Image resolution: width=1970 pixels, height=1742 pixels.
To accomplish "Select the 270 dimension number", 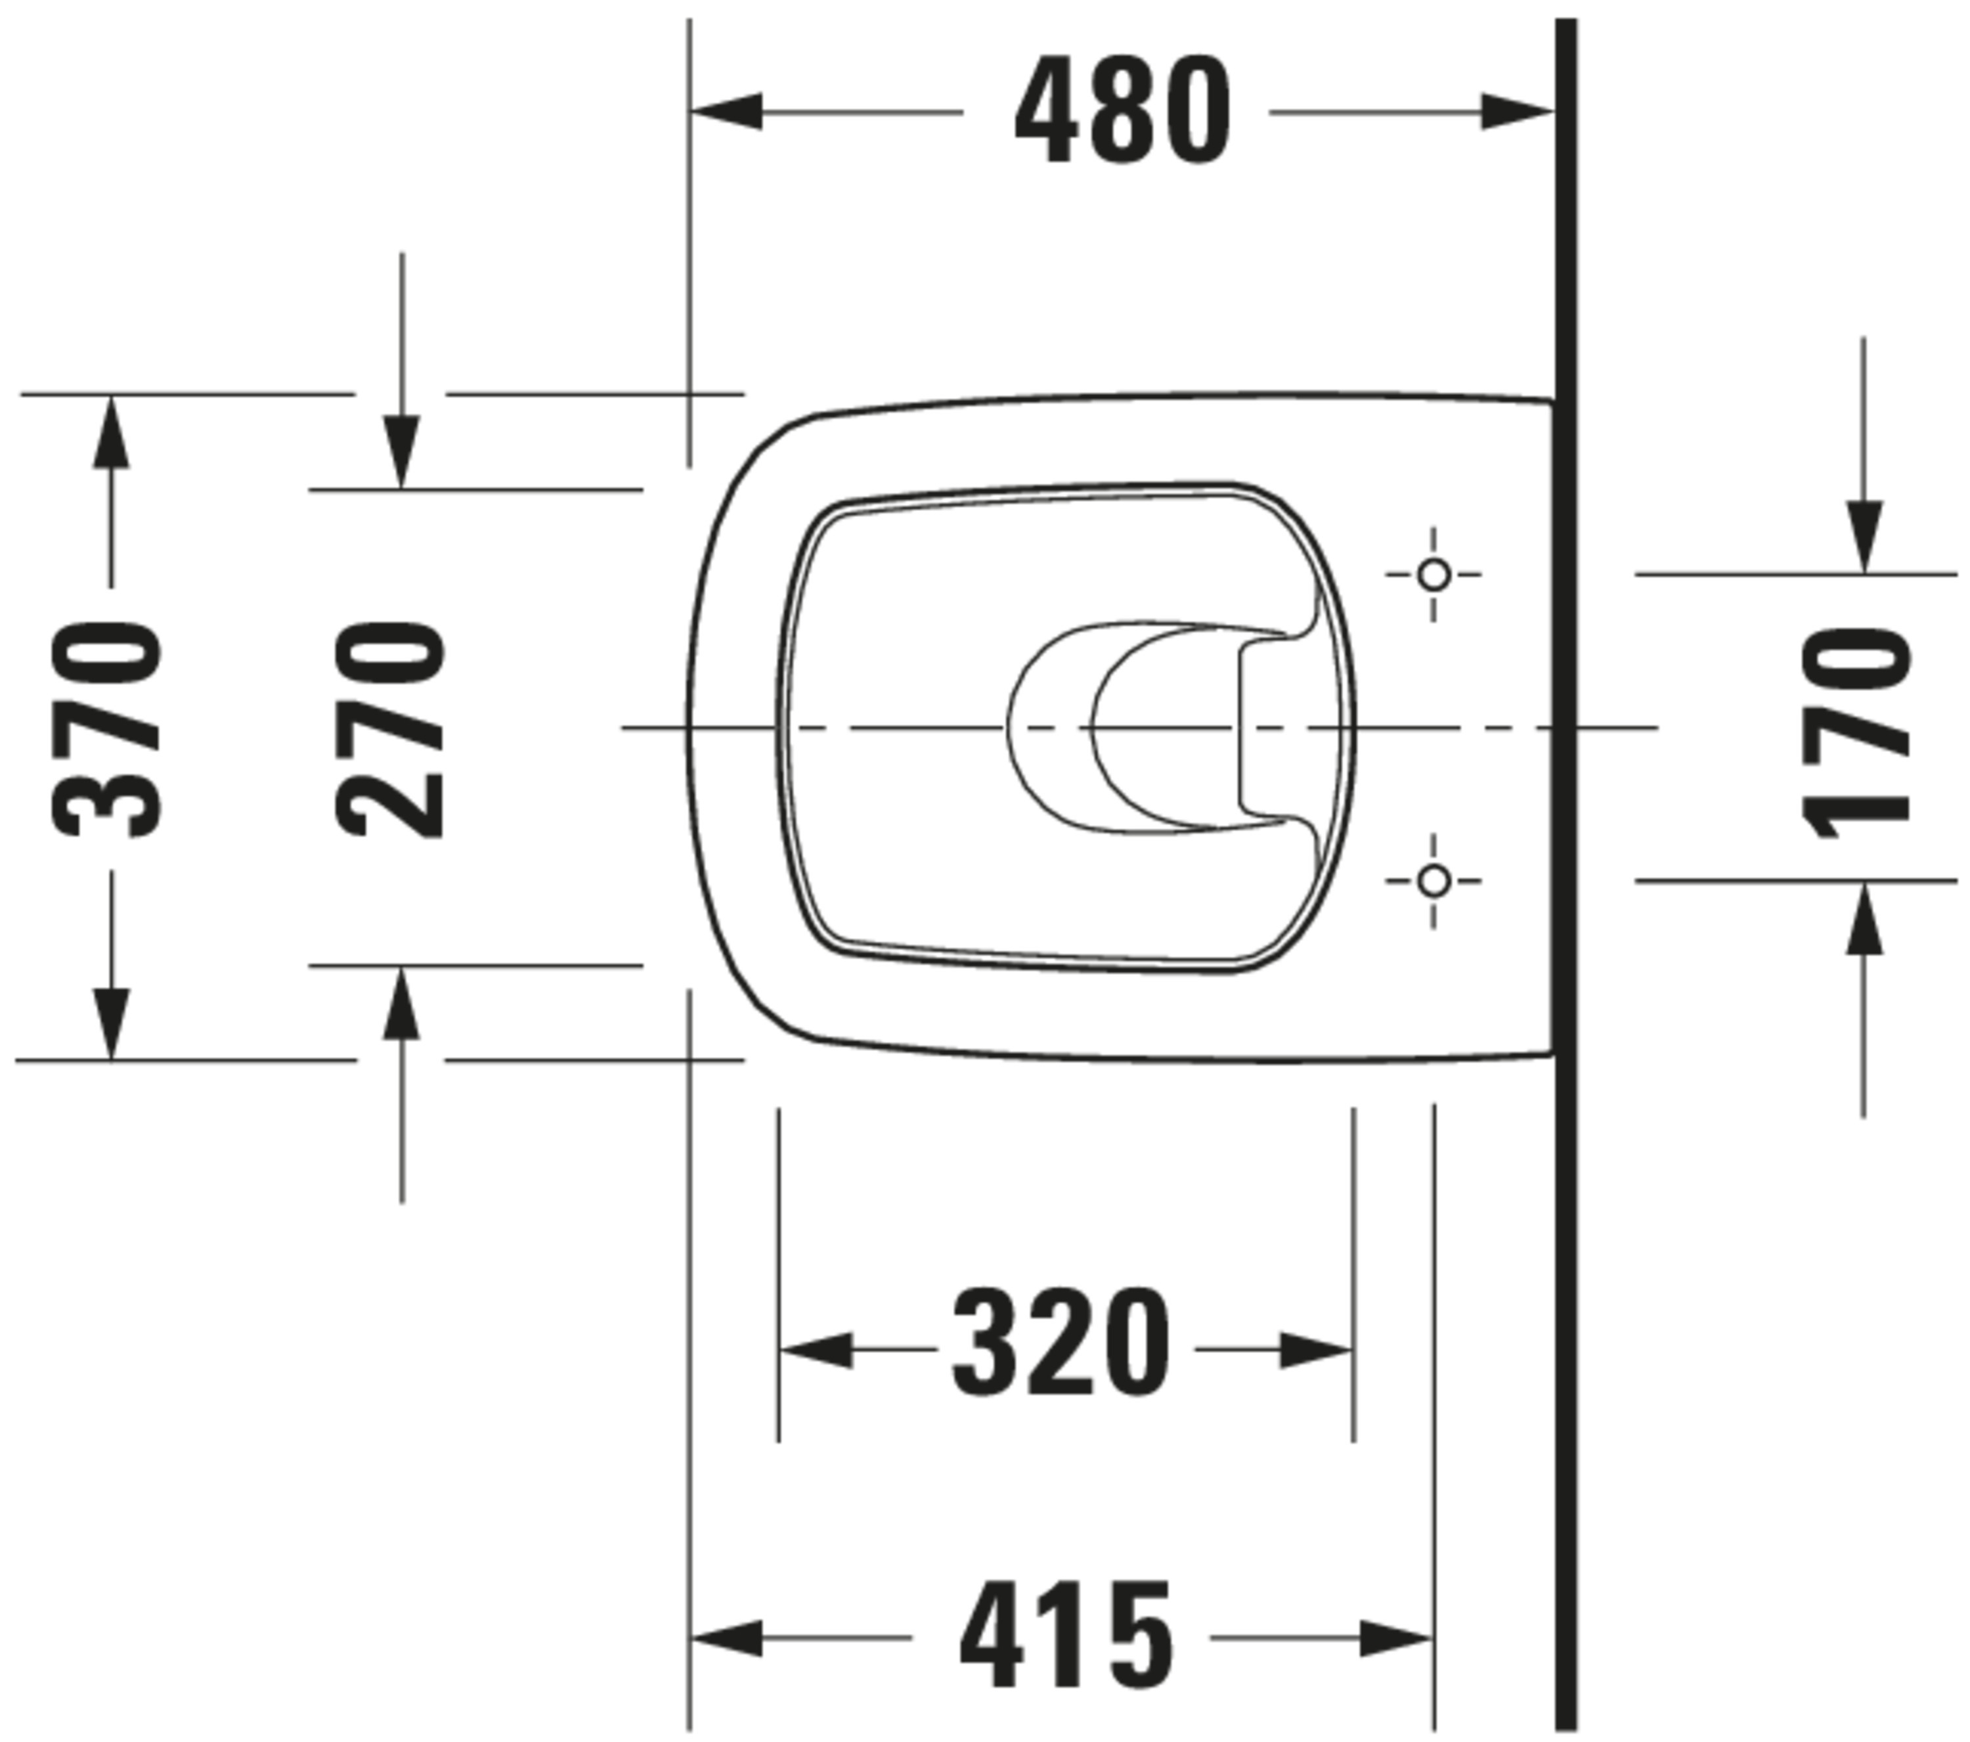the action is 390,729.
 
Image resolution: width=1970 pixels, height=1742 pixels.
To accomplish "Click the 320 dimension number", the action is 1062,1343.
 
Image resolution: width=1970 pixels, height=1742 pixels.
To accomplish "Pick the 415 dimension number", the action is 1067,1637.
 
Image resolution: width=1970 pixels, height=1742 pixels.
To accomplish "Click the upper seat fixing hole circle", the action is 1434,575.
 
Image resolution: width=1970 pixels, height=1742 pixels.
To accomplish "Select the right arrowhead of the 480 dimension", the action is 1517,112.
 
